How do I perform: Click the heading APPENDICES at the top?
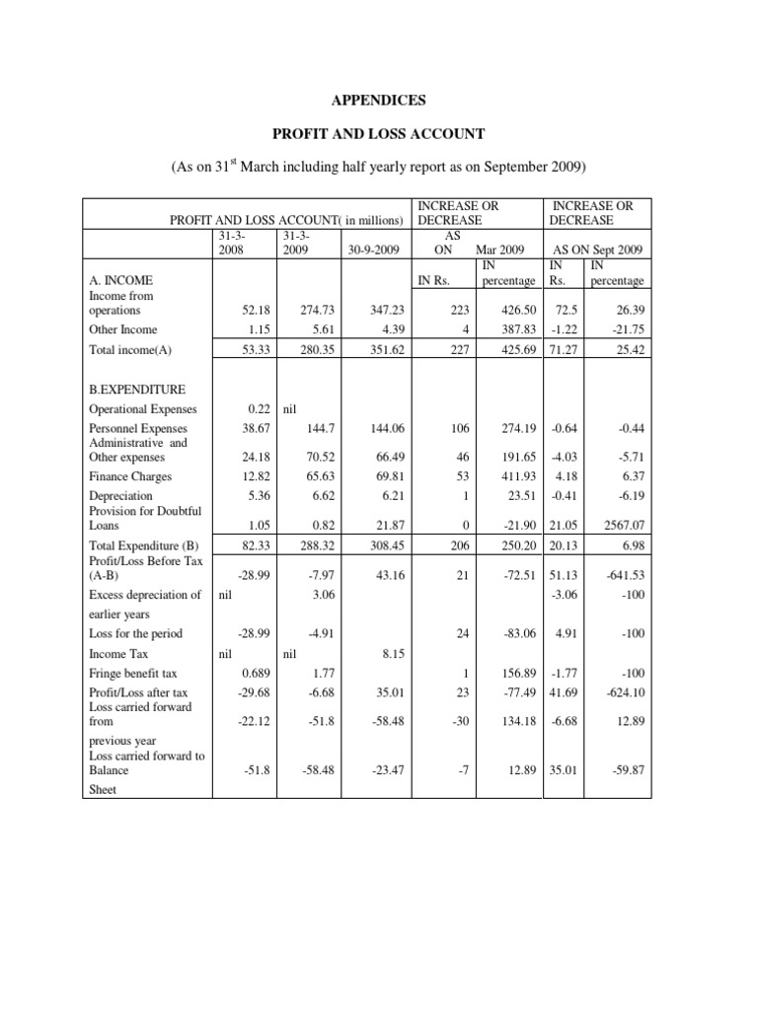coord(378,101)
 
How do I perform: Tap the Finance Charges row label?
coord(129,476)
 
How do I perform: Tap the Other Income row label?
coord(122,329)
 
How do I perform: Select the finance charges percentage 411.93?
coord(514,476)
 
